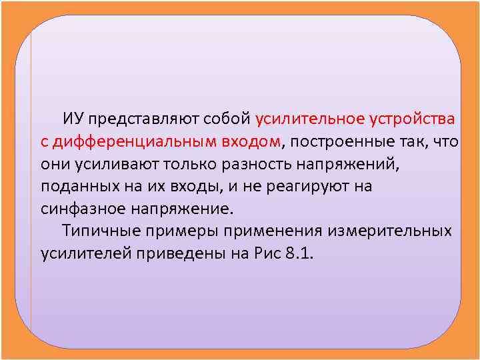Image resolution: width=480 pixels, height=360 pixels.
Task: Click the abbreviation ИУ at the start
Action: [x=73, y=119]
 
